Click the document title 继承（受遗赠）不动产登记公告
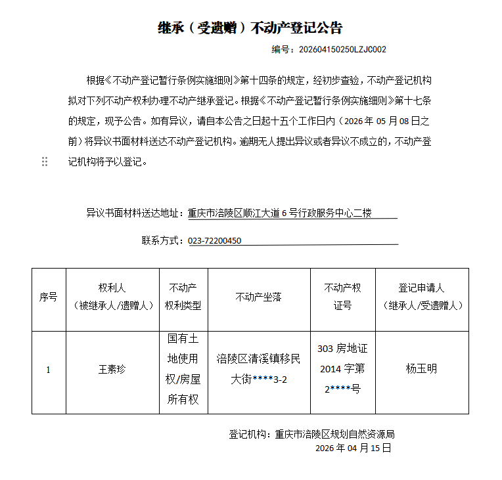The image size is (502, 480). (x=250, y=28)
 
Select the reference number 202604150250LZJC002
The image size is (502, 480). (x=342, y=49)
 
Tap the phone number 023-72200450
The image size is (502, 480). (x=215, y=240)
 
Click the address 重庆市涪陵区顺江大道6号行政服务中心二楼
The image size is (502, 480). (x=280, y=213)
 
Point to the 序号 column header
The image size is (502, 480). (x=48, y=297)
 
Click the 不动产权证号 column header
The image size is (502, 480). (x=342, y=297)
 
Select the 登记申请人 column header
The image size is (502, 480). (x=421, y=297)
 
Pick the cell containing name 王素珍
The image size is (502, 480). (x=112, y=369)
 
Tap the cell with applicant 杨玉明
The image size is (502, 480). (x=421, y=368)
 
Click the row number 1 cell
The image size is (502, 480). (x=48, y=370)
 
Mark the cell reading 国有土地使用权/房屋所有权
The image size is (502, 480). (x=183, y=369)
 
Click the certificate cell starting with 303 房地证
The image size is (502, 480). (x=342, y=369)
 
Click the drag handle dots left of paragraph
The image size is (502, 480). (x=45, y=162)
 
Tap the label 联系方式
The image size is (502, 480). (x=162, y=240)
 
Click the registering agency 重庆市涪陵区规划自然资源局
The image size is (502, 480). (x=334, y=434)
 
